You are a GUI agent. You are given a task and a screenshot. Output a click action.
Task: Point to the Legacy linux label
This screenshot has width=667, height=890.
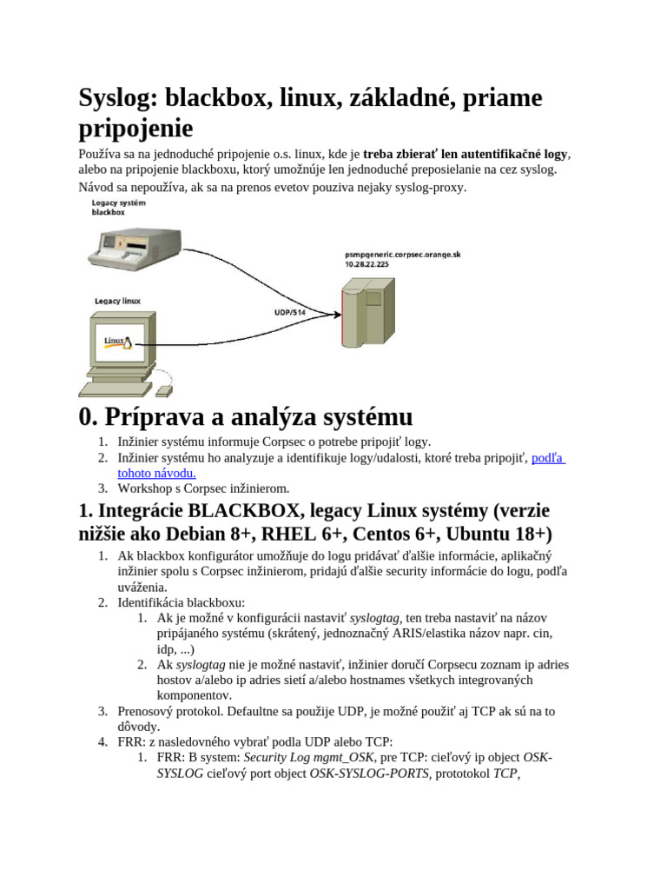117,301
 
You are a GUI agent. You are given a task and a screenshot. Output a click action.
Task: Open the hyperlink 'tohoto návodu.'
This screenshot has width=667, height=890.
156,473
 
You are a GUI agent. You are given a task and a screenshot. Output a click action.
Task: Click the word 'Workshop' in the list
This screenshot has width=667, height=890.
148,488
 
